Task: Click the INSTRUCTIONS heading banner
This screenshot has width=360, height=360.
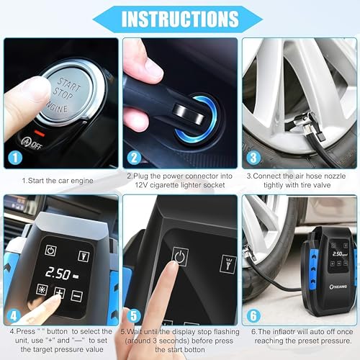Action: pos(180,17)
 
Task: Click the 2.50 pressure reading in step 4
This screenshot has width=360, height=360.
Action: pos(56,274)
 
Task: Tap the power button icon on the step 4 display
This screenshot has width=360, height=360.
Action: pos(50,250)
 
